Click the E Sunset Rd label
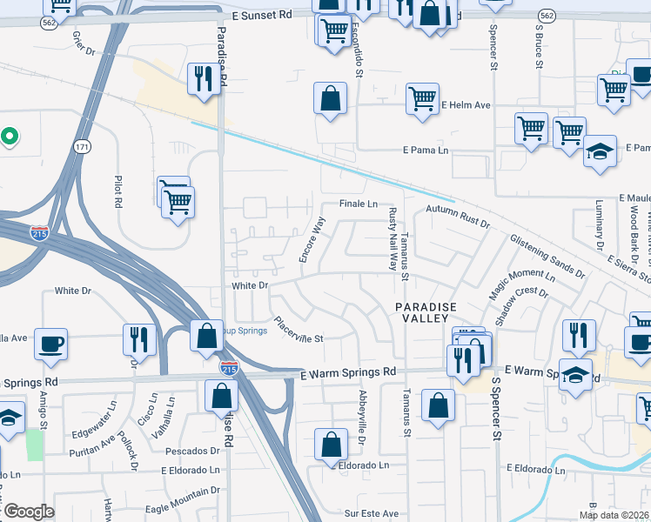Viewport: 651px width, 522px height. click(262, 16)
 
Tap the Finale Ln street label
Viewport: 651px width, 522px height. click(359, 204)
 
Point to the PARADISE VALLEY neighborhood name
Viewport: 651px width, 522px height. click(426, 312)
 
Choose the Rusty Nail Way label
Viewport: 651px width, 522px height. click(393, 238)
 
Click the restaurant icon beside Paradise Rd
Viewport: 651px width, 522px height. click(201, 79)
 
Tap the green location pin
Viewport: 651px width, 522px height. click(9, 137)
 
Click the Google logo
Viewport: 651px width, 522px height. click(28, 512)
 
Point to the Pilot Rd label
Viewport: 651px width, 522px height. click(118, 191)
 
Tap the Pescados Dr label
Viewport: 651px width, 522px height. click(191, 451)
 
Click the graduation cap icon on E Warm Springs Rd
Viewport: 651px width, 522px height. click(574, 375)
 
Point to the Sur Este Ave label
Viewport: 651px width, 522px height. click(372, 513)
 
